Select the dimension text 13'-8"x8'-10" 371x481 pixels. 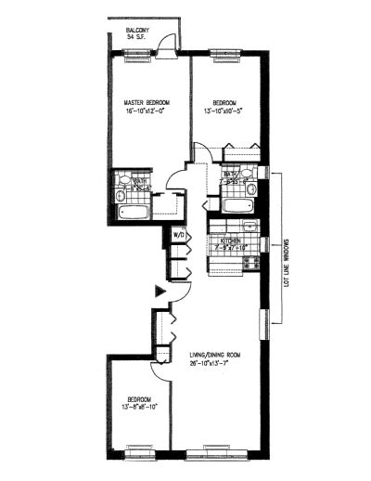pyautogui.click(x=139, y=406)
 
